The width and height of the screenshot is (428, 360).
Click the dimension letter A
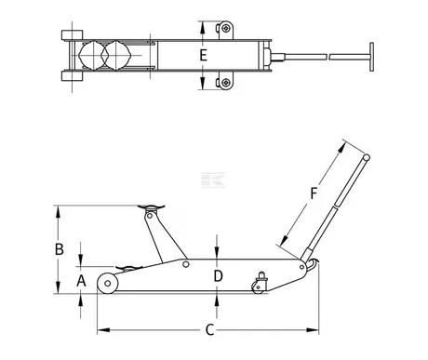[x=81, y=281]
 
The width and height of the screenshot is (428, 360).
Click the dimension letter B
[x=60, y=249]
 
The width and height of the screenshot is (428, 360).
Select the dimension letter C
[x=210, y=329]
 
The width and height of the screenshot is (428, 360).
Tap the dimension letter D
[x=219, y=275]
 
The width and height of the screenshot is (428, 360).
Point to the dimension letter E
[x=203, y=56]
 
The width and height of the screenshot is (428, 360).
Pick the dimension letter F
[x=314, y=193]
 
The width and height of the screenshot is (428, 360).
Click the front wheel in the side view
[x=107, y=283]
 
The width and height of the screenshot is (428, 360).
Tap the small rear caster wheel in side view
[x=258, y=287]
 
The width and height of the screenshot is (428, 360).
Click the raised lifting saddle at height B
[x=151, y=207]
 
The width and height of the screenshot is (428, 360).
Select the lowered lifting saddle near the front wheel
[x=128, y=268]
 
